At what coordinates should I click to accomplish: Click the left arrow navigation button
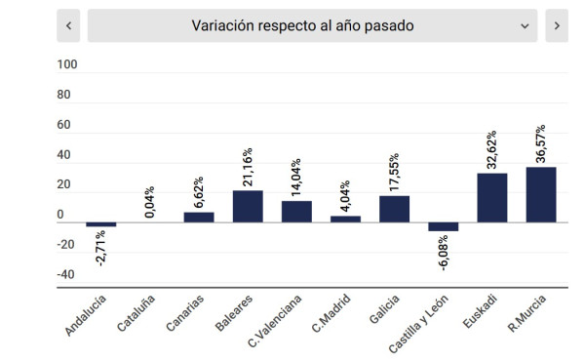pyautogui.click(x=68, y=25)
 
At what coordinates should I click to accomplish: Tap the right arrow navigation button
pyautogui.click(x=557, y=25)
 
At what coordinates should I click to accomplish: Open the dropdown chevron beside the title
pyautogui.click(x=525, y=26)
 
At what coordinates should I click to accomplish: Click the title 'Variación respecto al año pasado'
pyautogui.click(x=302, y=25)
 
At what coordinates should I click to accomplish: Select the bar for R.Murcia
pyautogui.click(x=541, y=195)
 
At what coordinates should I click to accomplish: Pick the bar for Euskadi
pyautogui.click(x=492, y=198)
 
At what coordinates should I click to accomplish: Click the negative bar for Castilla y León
pyautogui.click(x=444, y=227)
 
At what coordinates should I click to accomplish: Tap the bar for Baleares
pyautogui.click(x=248, y=207)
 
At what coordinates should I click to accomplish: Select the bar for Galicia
pyautogui.click(x=394, y=209)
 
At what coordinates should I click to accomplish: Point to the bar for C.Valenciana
pyautogui.click(x=296, y=212)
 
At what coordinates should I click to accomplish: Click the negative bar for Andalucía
pyautogui.click(x=101, y=224)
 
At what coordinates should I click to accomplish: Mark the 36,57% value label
pyautogui.click(x=540, y=143)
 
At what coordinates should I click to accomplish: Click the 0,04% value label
pyautogui.click(x=149, y=202)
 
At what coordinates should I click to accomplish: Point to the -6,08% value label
pyautogui.click(x=444, y=253)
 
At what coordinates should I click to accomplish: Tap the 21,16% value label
pyautogui.click(x=248, y=167)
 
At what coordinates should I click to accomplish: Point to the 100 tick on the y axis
pyautogui.click(x=67, y=64)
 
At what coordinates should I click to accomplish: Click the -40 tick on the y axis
pyautogui.click(x=66, y=274)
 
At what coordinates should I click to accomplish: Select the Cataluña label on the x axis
pyautogui.click(x=136, y=313)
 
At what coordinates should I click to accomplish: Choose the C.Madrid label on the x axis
pyautogui.click(x=331, y=313)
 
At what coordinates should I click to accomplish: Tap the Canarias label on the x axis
pyautogui.click(x=185, y=313)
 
